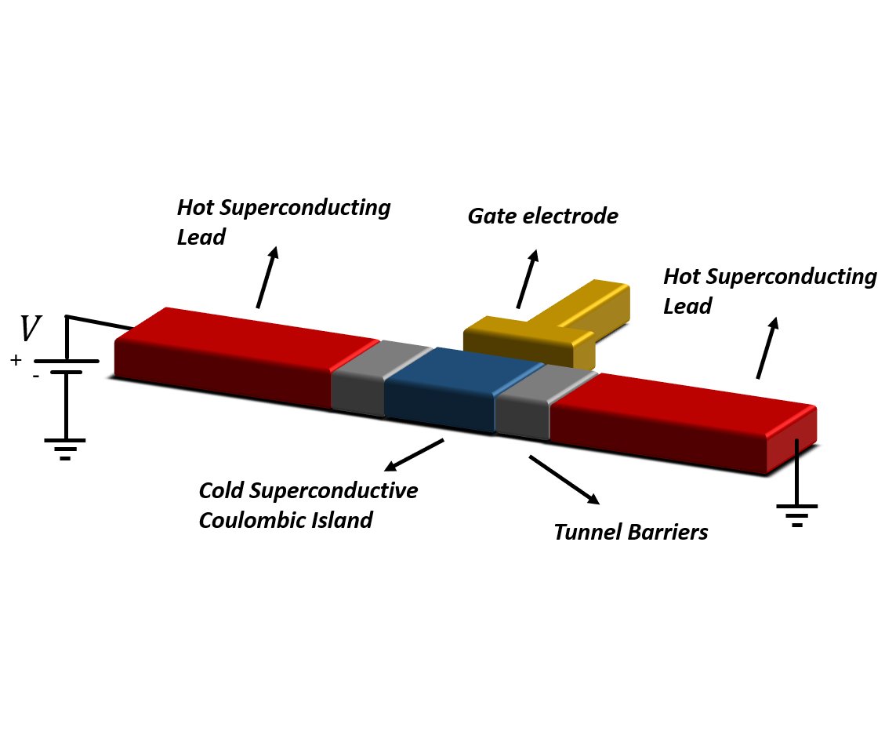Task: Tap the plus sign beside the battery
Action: (16, 360)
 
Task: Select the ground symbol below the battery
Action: (66, 449)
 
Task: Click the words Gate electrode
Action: (543, 216)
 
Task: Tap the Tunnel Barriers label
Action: (631, 532)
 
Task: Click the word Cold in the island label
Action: (221, 490)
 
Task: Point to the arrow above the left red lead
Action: (267, 277)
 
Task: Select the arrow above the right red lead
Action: (767, 347)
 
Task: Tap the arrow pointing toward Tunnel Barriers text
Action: (564, 479)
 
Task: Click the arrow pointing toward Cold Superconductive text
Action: (414, 455)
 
